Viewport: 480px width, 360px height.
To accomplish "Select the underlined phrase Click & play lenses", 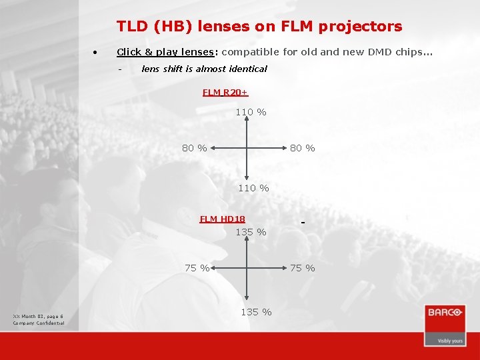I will point(165,52).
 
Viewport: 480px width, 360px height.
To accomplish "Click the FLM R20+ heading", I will point(225,93).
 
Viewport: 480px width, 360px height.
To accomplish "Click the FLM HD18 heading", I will point(222,219).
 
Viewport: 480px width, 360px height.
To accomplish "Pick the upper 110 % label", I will point(251,113).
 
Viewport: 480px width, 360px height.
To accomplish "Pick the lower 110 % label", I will point(253,188).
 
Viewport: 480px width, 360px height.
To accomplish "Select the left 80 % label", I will point(194,148).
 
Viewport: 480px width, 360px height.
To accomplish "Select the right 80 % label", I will point(302,148).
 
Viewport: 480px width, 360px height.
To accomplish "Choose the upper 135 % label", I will point(251,232).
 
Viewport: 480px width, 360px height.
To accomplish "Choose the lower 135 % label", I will point(256,312).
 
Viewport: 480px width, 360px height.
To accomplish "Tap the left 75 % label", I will point(197,268).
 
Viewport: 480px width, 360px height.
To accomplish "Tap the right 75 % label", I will point(302,268).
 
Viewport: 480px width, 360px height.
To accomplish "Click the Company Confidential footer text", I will point(39,323).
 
